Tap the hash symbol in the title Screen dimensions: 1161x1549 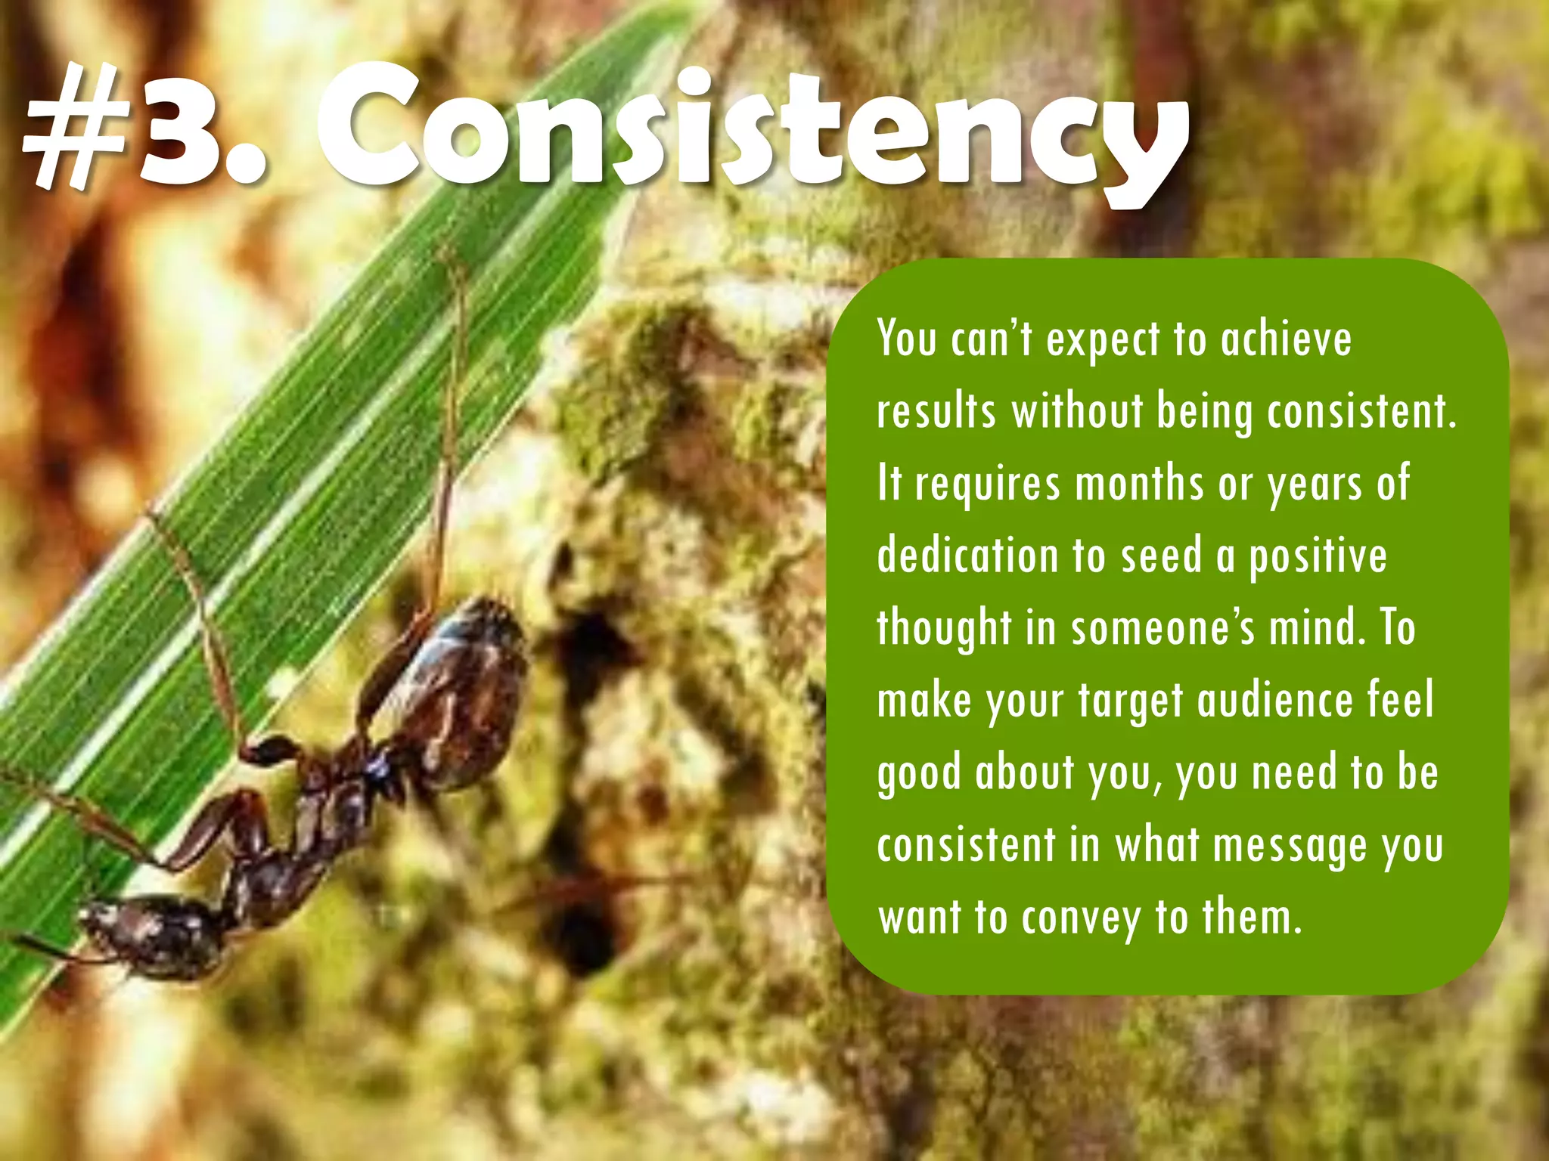[76, 128]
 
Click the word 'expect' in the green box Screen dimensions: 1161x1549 [1103, 340]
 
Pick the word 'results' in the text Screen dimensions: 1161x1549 [936, 412]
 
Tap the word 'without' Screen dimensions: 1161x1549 [1078, 412]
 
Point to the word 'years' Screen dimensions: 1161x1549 [1314, 485]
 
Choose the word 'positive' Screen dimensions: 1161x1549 [1318, 558]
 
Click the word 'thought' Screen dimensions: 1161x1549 [944, 629]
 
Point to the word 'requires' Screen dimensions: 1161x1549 [988, 485]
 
